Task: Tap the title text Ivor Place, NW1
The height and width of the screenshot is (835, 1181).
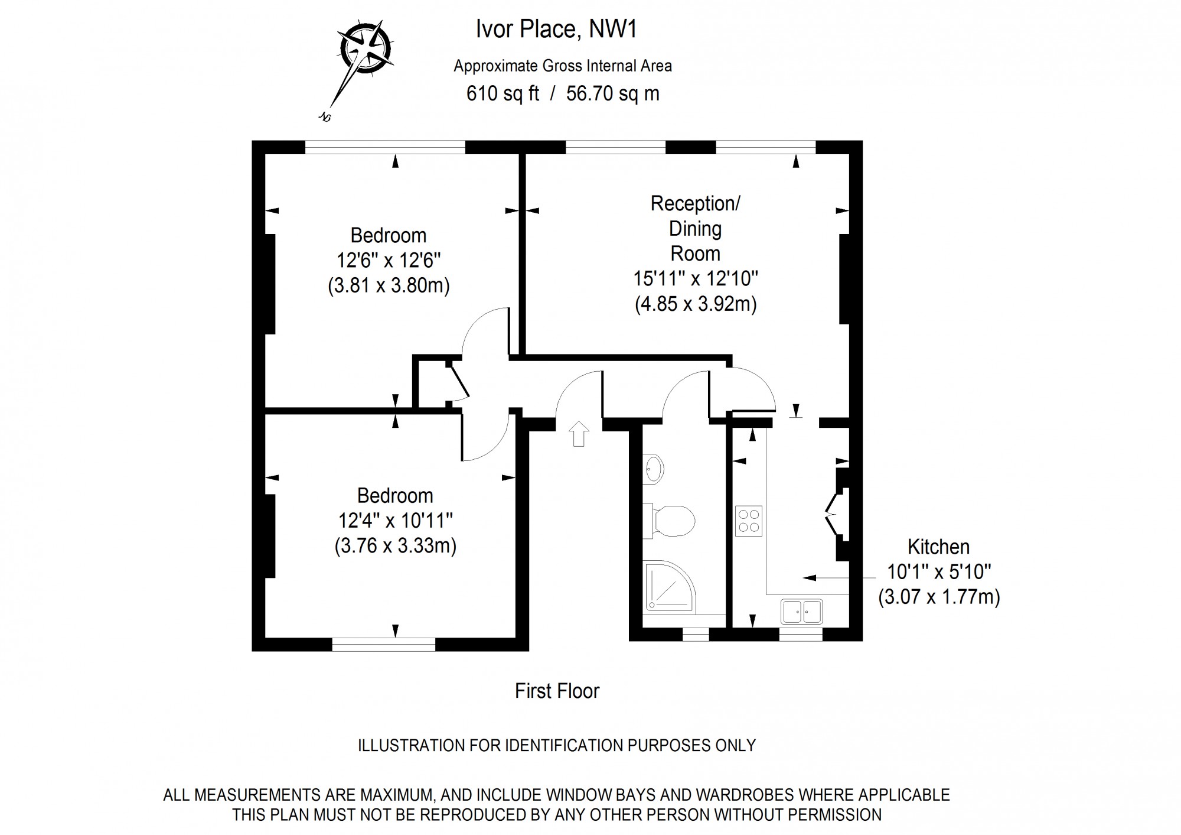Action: tap(557, 30)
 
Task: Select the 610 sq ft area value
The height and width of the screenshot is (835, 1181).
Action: tap(503, 93)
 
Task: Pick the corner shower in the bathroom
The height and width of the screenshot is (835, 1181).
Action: tap(670, 587)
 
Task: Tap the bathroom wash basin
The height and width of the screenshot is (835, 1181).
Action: tap(653, 470)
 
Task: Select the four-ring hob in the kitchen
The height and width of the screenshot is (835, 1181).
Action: tap(749, 521)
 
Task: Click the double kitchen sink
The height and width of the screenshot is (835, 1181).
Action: tap(801, 612)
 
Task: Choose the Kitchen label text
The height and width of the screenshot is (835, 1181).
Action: tap(938, 547)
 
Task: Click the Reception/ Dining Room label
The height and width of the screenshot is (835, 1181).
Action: tap(695, 228)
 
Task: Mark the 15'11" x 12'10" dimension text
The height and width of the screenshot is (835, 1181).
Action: tap(696, 278)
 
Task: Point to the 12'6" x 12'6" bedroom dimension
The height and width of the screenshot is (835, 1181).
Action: tap(389, 260)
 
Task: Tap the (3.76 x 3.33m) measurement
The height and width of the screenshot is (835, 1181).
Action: tap(395, 545)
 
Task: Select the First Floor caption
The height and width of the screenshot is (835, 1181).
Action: tap(557, 691)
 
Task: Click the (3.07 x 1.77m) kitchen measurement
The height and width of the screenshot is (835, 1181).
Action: tap(939, 597)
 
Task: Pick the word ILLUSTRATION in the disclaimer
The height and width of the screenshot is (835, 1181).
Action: tap(412, 746)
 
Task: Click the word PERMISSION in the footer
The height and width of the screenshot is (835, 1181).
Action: tap(835, 814)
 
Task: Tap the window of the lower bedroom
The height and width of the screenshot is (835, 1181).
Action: tap(384, 644)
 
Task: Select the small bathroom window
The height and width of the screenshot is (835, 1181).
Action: tap(696, 634)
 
